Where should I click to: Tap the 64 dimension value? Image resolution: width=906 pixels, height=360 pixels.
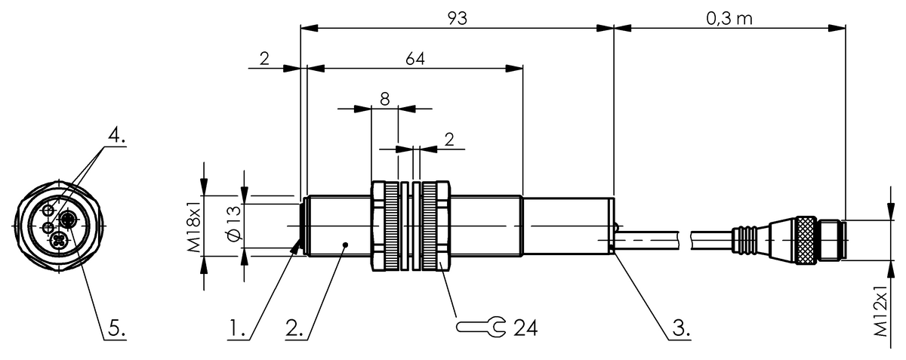(x=414, y=58)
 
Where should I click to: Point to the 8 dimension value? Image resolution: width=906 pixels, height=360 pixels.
(x=384, y=98)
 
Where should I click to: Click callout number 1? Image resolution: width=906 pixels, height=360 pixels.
(x=239, y=328)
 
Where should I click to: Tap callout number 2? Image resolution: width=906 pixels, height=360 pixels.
(x=294, y=328)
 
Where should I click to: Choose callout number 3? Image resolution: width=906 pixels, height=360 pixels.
(x=679, y=328)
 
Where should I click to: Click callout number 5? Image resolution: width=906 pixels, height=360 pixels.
(x=116, y=328)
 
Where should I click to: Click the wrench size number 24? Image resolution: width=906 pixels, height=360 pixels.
(x=525, y=328)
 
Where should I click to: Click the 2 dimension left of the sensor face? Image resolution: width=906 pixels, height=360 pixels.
(x=264, y=58)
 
